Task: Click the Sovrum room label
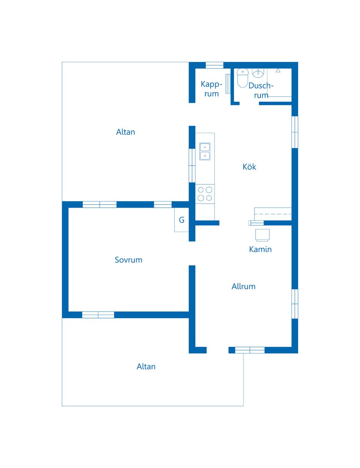pos(128,260)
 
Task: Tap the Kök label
pos(249,167)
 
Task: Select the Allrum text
pos(243,286)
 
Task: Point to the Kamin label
pos(260,250)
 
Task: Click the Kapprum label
pos(211,89)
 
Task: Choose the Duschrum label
pos(261,90)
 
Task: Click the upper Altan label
pos(126,132)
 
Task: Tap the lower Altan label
pos(146,366)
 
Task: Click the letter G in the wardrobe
pos(181,220)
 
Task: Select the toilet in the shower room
pos(242,78)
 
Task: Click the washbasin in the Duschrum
pos(258,73)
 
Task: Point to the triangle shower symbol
pos(278,70)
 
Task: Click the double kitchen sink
pos(205,151)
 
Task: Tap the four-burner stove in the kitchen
pos(205,194)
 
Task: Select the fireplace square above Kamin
pos(262,235)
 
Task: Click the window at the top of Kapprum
pos(214,65)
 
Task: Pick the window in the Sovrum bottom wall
pos(98,315)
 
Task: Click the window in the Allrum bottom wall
pos(250,350)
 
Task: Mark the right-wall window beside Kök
pos(295,132)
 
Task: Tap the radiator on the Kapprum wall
pos(228,84)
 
